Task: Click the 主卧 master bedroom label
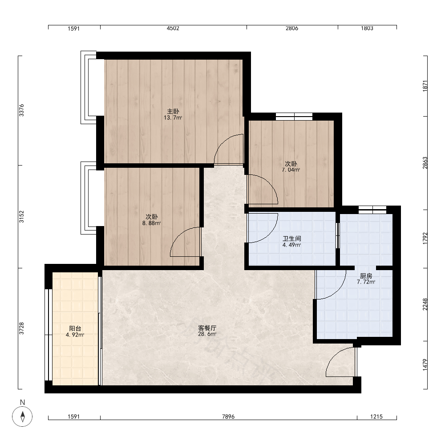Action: [x=173, y=111]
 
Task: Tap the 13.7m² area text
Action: [x=173, y=117]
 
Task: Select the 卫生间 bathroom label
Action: [x=292, y=239]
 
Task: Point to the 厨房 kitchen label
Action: [x=366, y=275]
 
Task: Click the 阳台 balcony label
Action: [x=75, y=328]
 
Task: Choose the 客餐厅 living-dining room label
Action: [x=207, y=328]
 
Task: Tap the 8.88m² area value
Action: [x=152, y=223]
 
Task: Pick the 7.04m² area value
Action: [x=291, y=170]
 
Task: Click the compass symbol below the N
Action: [x=22, y=417]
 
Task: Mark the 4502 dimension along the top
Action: [x=173, y=28]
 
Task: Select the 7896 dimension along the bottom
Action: [x=228, y=417]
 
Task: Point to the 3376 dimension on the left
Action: [x=21, y=110]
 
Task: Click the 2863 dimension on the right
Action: [x=425, y=163]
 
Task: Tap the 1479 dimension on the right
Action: [x=425, y=365]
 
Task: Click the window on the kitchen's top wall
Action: [x=372, y=210]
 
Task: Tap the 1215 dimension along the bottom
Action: [x=376, y=417]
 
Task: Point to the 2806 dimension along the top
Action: [x=292, y=28]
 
